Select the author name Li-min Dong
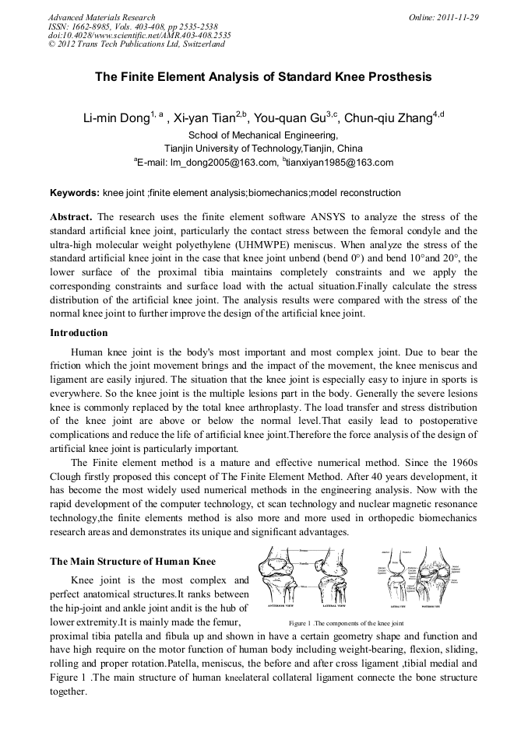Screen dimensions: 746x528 click(117, 119)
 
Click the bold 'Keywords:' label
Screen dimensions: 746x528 click(75, 193)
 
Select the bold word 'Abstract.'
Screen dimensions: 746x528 click(71, 216)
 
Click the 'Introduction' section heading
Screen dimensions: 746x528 click(79, 333)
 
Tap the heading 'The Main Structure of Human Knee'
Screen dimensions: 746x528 click(133, 562)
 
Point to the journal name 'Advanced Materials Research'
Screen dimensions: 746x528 click(101, 17)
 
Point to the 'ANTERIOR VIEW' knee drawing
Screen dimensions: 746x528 click(278, 580)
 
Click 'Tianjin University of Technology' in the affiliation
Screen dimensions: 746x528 click(234, 149)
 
